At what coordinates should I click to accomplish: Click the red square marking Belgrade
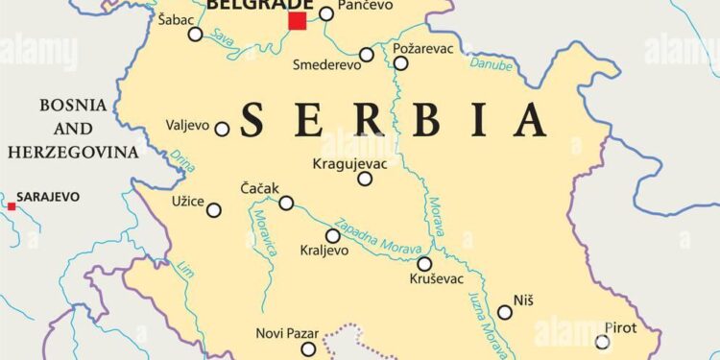pyautogui.click(x=298, y=21)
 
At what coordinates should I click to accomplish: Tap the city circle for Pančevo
pyautogui.click(x=326, y=13)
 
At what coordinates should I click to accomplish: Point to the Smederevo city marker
pyautogui.click(x=367, y=55)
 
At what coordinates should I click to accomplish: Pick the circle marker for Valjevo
pyautogui.click(x=222, y=129)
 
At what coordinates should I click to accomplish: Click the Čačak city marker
pyautogui.click(x=286, y=203)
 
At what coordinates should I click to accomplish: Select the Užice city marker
pyautogui.click(x=214, y=210)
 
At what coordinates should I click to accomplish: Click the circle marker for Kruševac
pyautogui.click(x=424, y=263)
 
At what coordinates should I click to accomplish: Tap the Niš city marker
pyautogui.click(x=505, y=312)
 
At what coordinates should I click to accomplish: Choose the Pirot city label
pyautogui.click(x=620, y=327)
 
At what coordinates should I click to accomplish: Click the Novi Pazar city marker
pyautogui.click(x=308, y=349)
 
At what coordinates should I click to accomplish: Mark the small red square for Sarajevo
pyautogui.click(x=12, y=205)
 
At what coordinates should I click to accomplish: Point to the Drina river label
pyautogui.click(x=180, y=162)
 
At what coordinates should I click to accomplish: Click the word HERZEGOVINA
pyautogui.click(x=72, y=151)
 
